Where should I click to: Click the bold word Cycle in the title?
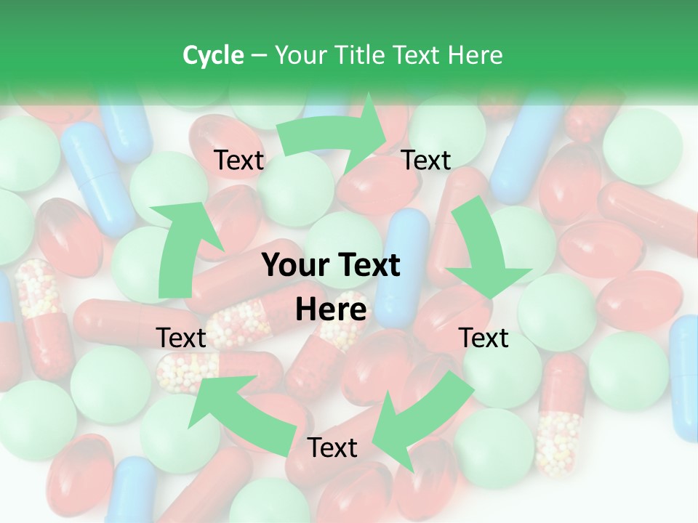click(213, 55)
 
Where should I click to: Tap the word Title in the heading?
click(361, 55)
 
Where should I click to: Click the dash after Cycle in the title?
click(259, 55)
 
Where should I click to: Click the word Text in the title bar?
click(417, 55)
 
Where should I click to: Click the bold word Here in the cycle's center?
click(331, 310)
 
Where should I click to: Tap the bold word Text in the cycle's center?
click(367, 265)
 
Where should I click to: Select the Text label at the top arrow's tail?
click(239, 161)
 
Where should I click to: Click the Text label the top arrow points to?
click(426, 161)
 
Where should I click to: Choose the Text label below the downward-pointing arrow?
click(484, 338)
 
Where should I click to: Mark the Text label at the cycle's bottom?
click(332, 448)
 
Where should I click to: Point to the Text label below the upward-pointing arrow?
click(181, 338)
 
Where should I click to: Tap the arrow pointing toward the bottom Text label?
click(422, 421)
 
